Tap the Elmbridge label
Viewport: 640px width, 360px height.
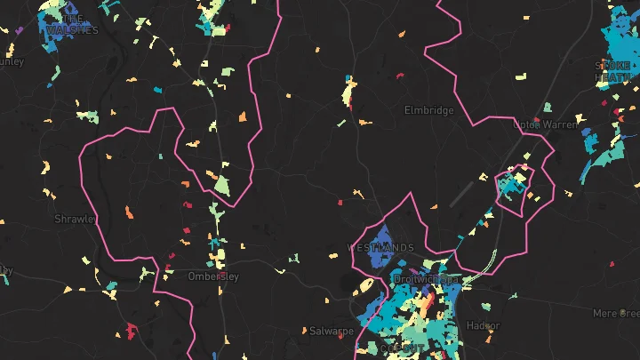[x=428, y=110]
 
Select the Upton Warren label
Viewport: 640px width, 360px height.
[x=545, y=125]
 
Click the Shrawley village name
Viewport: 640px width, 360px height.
[x=75, y=219]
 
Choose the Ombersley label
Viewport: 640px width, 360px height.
[x=213, y=276]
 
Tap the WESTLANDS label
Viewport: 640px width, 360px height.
[x=380, y=246]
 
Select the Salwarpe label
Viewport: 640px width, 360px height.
[x=332, y=331]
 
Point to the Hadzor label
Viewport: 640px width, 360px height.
[x=484, y=325]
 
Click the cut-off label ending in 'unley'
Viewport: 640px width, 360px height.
[x=11, y=61]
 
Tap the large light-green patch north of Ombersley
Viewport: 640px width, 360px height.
[x=222, y=186]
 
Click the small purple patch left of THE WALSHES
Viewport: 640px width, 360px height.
[x=18, y=30]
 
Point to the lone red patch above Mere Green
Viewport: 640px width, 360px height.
[x=612, y=264]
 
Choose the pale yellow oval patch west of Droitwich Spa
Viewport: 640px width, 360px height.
[x=364, y=287]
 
